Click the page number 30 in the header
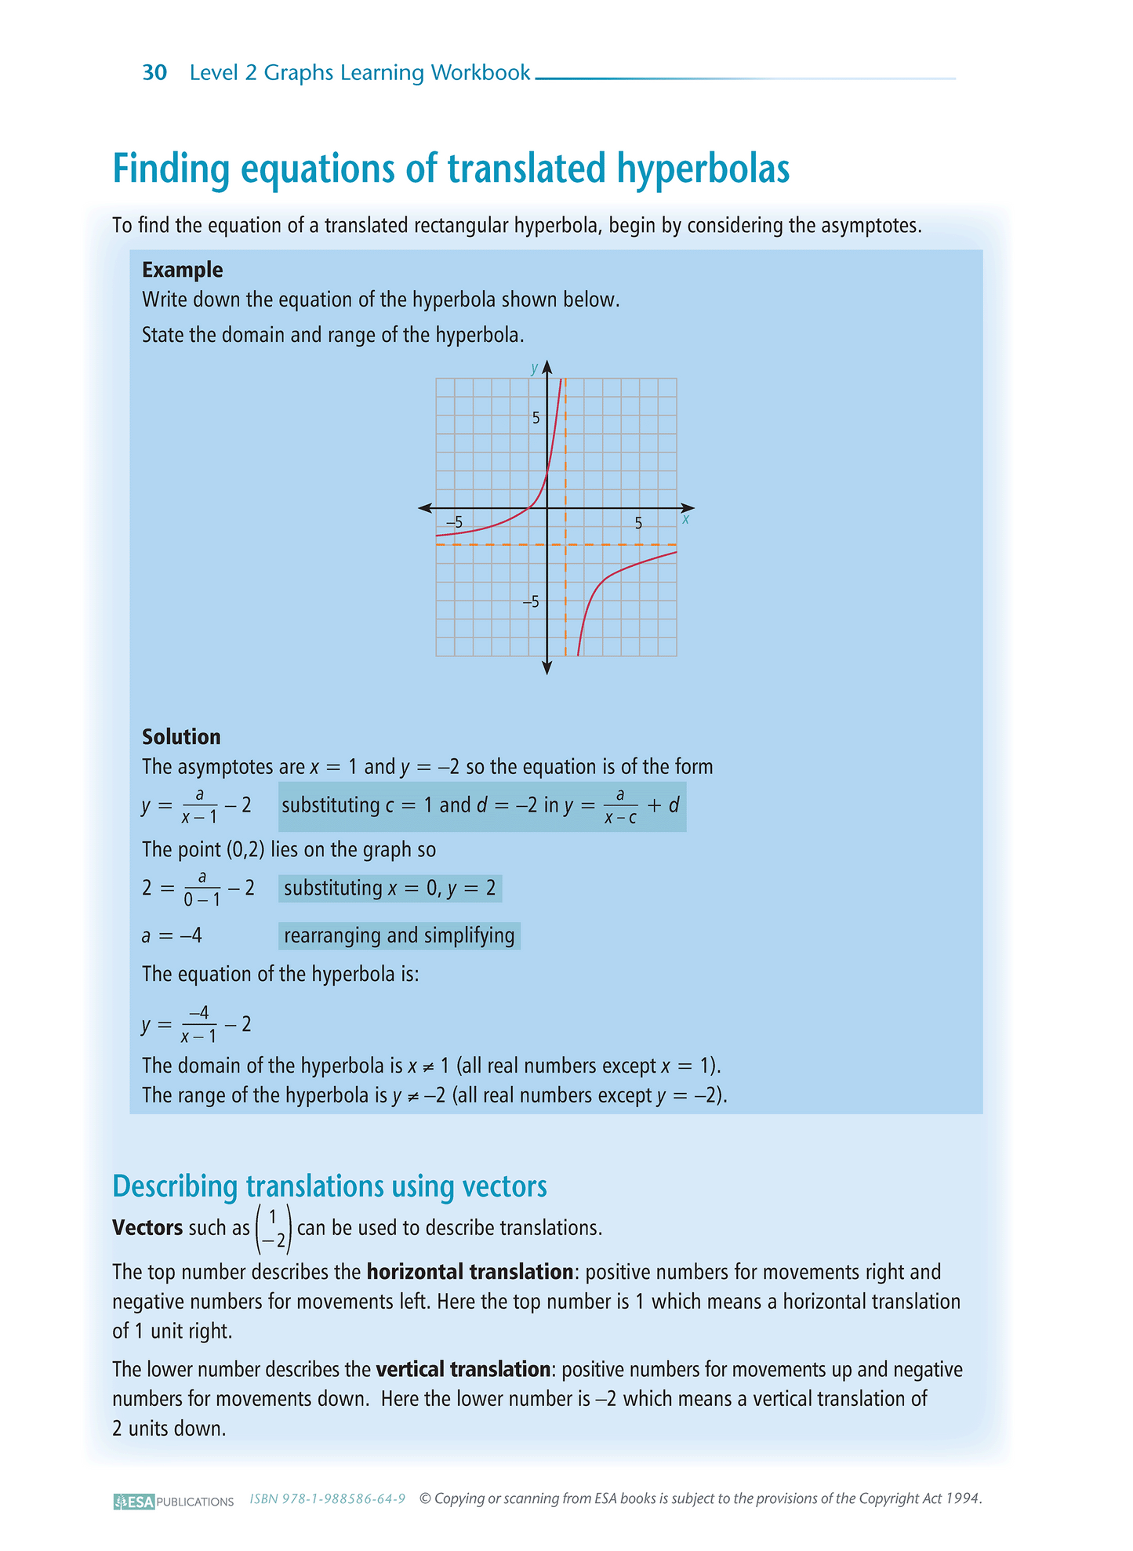point(154,73)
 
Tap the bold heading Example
point(182,270)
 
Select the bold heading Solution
point(181,737)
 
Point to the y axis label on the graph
point(534,368)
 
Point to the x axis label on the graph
point(685,519)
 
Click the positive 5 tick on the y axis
point(536,418)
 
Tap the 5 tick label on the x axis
point(638,523)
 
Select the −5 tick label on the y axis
point(532,601)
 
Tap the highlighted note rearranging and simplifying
point(399,935)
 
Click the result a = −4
point(172,935)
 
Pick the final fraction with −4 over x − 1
point(199,1024)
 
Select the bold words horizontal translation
point(470,1272)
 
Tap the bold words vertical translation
point(463,1370)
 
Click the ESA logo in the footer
point(134,1502)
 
